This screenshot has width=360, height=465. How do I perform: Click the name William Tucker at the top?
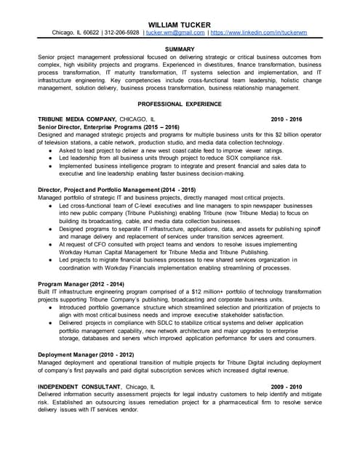[180, 24]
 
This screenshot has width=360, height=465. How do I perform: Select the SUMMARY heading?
[180, 49]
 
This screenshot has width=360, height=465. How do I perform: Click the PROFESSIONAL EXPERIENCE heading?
[180, 104]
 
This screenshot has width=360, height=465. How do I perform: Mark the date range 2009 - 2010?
[286, 386]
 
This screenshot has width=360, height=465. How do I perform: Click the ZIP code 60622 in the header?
[91, 33]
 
